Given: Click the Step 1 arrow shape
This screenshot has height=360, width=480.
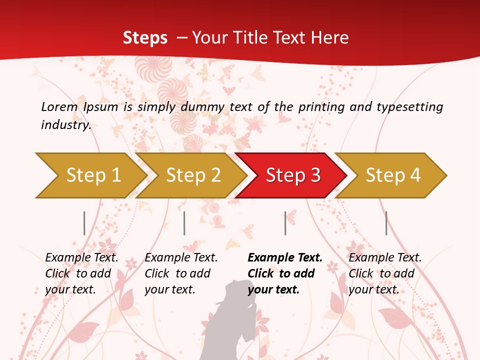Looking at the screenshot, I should click(90, 175).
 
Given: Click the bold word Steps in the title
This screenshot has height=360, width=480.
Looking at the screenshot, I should click(145, 37).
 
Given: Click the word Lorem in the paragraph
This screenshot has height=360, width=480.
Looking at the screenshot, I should click(59, 106).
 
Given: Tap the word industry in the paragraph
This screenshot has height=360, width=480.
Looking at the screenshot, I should click(65, 124).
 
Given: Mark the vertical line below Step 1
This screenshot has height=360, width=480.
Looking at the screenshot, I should click(84, 223).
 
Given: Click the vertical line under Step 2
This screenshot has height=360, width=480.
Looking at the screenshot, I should click(184, 223).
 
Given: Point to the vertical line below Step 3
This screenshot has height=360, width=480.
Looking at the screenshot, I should click(285, 223).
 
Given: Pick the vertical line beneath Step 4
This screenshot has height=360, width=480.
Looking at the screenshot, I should click(386, 223).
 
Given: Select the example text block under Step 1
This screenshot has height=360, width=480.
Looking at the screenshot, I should click(81, 273).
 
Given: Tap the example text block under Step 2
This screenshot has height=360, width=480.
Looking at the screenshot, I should click(181, 273).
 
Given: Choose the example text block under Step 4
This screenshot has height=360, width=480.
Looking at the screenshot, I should click(385, 273).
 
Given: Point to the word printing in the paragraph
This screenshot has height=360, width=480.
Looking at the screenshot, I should click(322, 107).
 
